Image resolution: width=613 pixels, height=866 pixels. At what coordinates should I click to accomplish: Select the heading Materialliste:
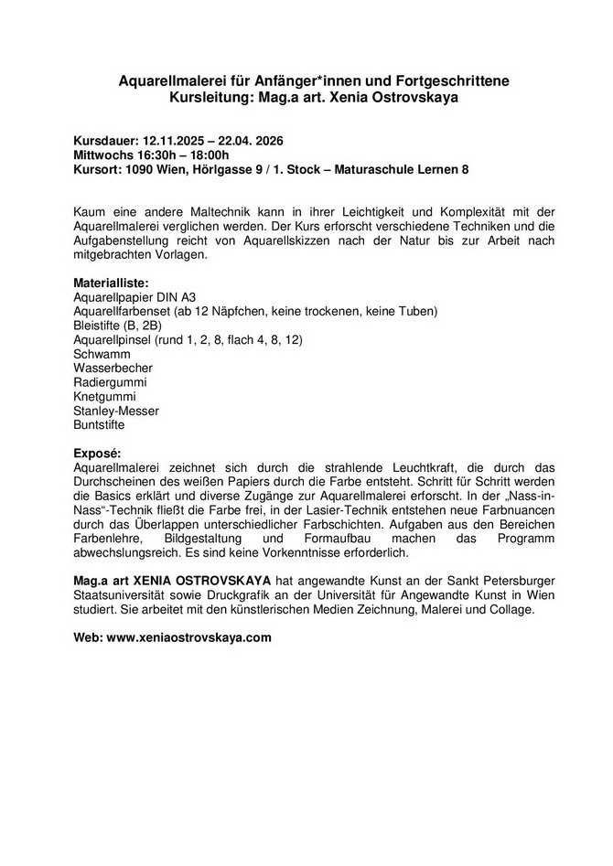click(x=111, y=283)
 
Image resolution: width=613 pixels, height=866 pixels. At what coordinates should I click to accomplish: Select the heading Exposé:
click(x=95, y=453)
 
